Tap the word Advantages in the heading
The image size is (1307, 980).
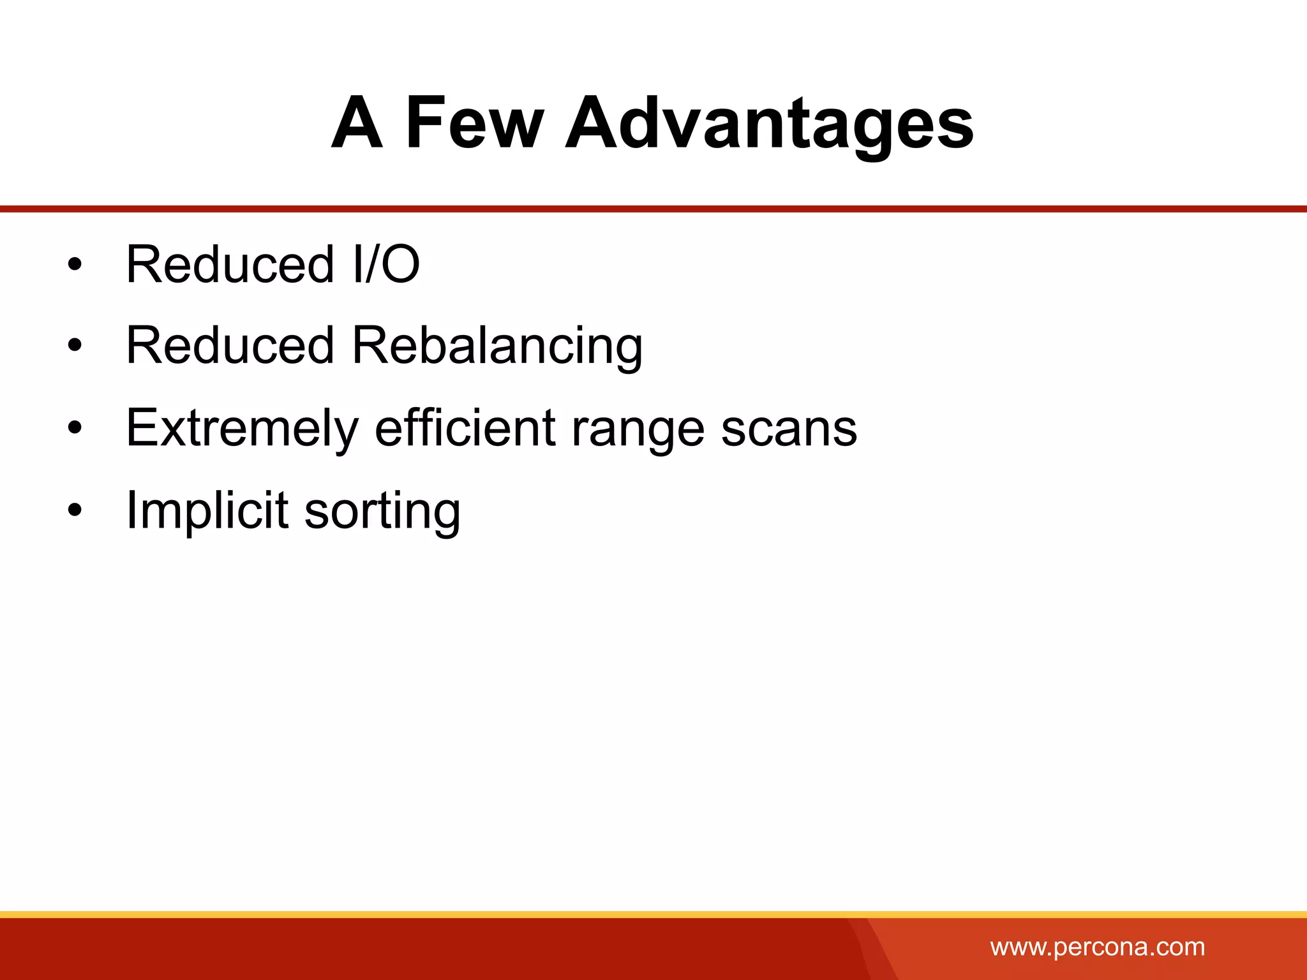(x=768, y=122)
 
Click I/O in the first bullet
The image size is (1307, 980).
(x=385, y=264)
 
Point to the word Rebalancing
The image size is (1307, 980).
(x=497, y=345)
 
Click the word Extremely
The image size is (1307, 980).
(x=242, y=428)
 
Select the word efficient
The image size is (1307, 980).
(x=465, y=428)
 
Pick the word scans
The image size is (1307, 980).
(x=789, y=428)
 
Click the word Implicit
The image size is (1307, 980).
(x=207, y=510)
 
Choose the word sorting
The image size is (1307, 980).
(x=382, y=510)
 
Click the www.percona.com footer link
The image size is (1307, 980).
(x=1097, y=947)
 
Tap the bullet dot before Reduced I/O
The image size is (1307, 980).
(x=75, y=265)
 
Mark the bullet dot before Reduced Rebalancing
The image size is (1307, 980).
(x=75, y=346)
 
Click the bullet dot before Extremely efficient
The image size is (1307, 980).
(x=75, y=428)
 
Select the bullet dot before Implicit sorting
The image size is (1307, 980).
(x=75, y=510)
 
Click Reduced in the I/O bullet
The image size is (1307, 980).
(x=230, y=264)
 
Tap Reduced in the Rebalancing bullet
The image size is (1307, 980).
(x=230, y=345)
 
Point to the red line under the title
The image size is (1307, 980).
(x=653, y=209)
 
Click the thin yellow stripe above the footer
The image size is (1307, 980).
(x=653, y=914)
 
